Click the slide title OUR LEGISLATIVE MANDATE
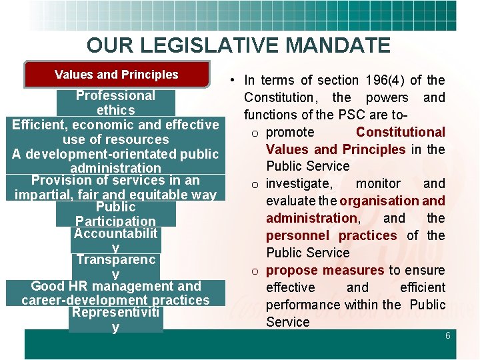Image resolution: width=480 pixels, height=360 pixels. click(x=238, y=45)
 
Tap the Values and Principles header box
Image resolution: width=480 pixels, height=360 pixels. click(x=116, y=75)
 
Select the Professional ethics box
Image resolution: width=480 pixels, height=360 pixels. click(x=115, y=103)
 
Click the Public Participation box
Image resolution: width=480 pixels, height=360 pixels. click(x=115, y=214)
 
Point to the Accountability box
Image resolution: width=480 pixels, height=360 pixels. click(x=115, y=241)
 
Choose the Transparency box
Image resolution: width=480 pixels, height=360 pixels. click(x=115, y=267)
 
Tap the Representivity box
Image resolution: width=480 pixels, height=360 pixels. click(x=115, y=319)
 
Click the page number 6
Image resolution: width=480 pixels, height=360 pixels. click(x=448, y=336)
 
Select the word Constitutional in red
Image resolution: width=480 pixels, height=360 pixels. click(x=400, y=132)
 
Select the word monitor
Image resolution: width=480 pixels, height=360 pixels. click(x=379, y=183)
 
